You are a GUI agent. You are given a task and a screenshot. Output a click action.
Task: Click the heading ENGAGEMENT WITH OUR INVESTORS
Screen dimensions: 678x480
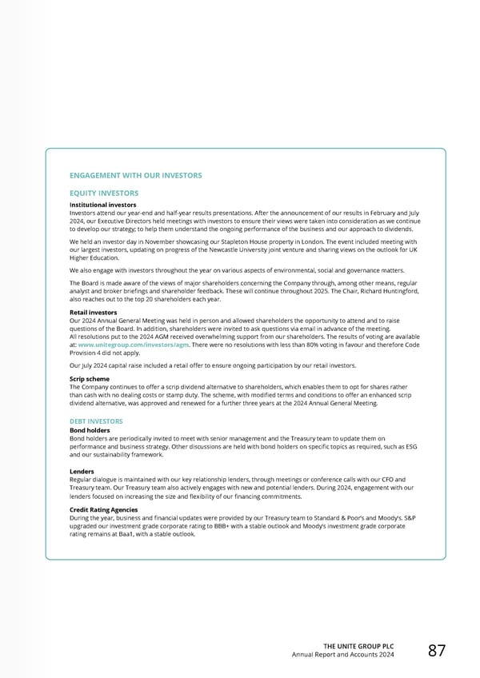point(136,175)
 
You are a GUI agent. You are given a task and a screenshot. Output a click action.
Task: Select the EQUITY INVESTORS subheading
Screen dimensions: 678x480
point(104,193)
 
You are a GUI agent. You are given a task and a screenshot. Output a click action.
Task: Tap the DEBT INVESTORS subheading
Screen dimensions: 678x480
point(96,421)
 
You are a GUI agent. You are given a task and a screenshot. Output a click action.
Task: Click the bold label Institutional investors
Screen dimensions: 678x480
point(103,204)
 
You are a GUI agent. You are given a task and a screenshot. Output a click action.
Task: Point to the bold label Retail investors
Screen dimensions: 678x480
point(94,313)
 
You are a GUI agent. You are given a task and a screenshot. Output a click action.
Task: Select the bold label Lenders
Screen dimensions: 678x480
point(83,471)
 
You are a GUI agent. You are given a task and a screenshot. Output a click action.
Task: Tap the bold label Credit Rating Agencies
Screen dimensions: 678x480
point(104,509)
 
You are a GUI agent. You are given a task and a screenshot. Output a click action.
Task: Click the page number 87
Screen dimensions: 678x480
point(437,651)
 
